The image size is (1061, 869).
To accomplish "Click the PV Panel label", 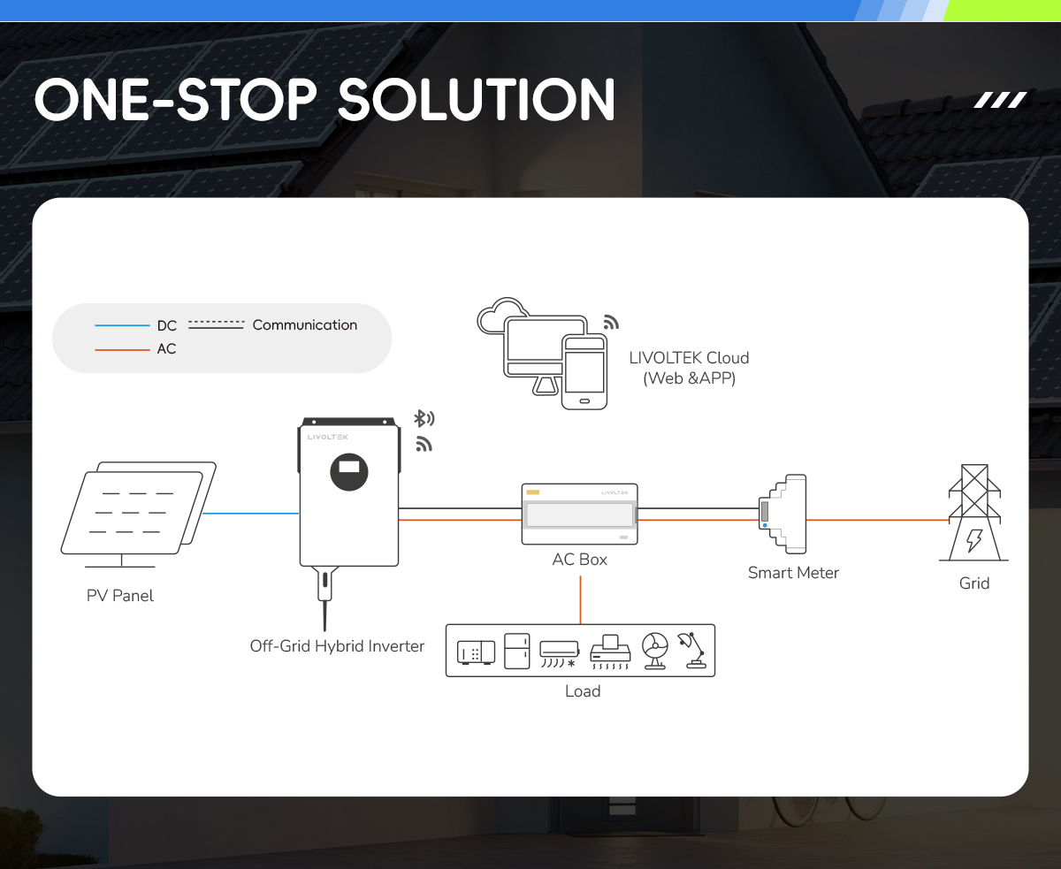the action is coord(119,596).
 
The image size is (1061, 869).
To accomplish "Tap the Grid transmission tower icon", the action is coord(974,512).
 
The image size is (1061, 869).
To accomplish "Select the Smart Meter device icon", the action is coord(782,514).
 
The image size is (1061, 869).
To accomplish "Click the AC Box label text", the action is coord(579,560).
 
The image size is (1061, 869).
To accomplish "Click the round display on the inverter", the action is coord(349,472).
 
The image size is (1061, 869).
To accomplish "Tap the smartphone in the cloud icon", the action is coord(584,372).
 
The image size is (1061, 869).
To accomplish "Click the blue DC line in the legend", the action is coord(122,325).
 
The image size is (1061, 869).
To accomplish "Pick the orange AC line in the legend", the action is coord(122,349).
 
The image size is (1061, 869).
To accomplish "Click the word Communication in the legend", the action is coord(305,324).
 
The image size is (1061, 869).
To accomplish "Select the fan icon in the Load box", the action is coord(655,651).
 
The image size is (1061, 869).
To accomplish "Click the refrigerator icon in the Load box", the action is coord(516,651).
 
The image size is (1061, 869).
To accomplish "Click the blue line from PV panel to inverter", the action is coord(250,514).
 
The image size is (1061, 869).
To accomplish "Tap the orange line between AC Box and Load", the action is coord(581,600).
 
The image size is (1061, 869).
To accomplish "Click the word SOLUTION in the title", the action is coord(477,100).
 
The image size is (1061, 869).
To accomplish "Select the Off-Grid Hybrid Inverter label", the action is coord(337,645).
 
